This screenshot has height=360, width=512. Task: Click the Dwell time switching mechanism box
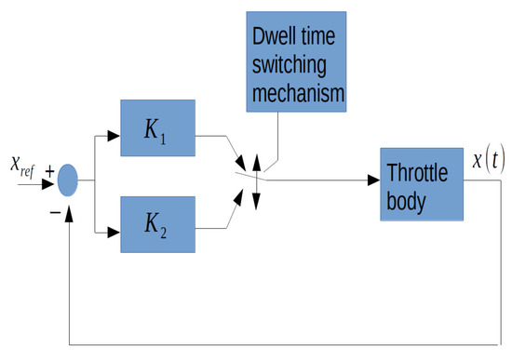pyautogui.click(x=297, y=59)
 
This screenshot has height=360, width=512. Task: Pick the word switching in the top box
pyautogui.click(x=296, y=64)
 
